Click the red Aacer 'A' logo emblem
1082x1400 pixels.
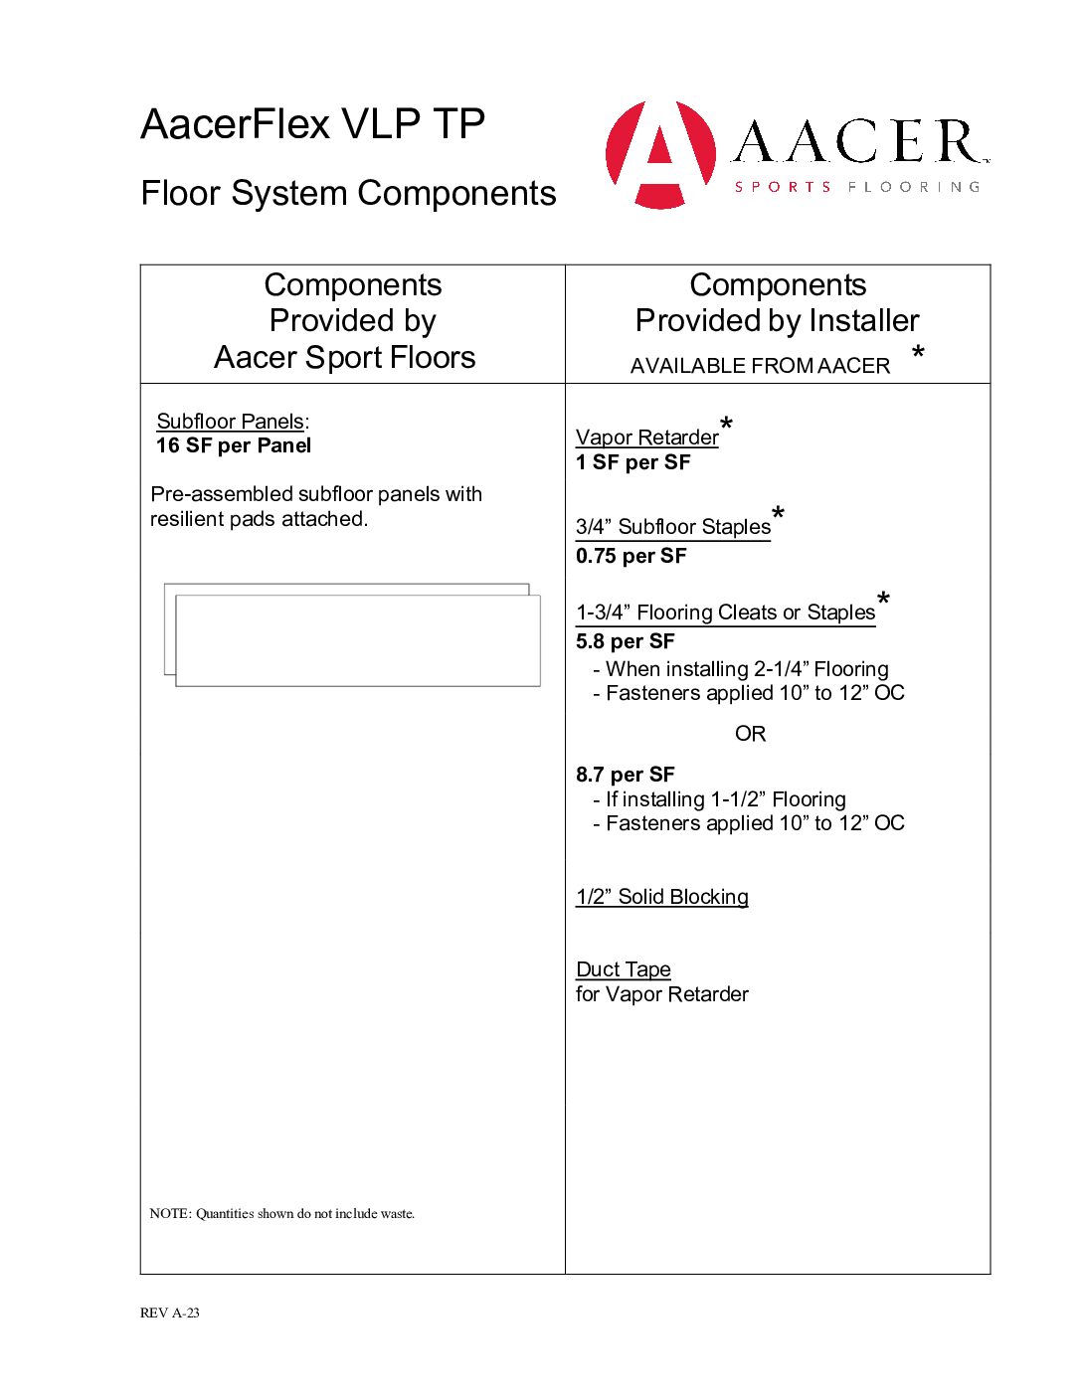pyautogui.click(x=660, y=154)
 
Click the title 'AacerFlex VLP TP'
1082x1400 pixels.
pyautogui.click(x=312, y=124)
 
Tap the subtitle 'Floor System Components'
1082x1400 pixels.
pyautogui.click(x=348, y=193)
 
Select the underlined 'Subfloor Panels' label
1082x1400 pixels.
pyautogui.click(x=230, y=422)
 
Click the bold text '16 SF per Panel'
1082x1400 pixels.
pyautogui.click(x=234, y=445)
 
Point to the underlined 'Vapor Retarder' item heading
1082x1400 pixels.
pyautogui.click(x=646, y=437)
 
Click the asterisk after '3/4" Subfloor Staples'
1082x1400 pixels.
pyautogui.click(x=778, y=513)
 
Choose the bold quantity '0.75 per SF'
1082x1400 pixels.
pyautogui.click(x=631, y=556)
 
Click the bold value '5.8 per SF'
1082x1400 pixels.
pyautogui.click(x=625, y=641)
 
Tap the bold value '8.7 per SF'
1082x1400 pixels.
pyautogui.click(x=625, y=775)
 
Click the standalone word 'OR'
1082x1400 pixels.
pyautogui.click(x=750, y=734)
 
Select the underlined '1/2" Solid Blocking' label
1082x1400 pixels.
pyautogui.click(x=661, y=897)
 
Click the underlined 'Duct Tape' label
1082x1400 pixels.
pyautogui.click(x=623, y=969)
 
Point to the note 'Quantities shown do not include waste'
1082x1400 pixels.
pyautogui.click(x=282, y=1214)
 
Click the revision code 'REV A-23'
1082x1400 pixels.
pyautogui.click(x=170, y=1312)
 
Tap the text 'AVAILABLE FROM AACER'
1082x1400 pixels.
pyautogui.click(x=760, y=366)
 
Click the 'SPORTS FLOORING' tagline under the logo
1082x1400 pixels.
pyautogui.click(x=856, y=187)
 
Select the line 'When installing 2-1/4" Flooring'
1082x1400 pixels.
pyautogui.click(x=746, y=669)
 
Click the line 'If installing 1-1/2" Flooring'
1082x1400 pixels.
pyautogui.click(x=725, y=799)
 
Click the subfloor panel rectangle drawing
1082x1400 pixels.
pyautogui.click(x=356, y=639)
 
